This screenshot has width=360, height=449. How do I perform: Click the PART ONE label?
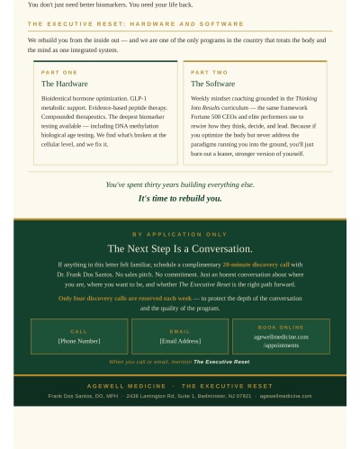[x=59, y=72]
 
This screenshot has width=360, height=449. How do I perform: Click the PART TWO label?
[x=209, y=72]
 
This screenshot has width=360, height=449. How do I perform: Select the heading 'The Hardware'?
[x=65, y=84]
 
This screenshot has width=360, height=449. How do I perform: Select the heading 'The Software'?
[x=212, y=84]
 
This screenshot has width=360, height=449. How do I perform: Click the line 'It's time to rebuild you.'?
[x=180, y=199]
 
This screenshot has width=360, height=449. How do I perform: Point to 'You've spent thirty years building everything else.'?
[x=180, y=184]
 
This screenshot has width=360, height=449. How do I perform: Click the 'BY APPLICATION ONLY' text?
[x=180, y=234]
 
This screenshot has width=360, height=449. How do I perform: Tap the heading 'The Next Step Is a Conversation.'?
[x=180, y=248]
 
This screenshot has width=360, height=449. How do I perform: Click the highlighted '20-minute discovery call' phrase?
[x=256, y=265]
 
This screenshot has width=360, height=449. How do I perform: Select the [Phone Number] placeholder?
[x=79, y=341]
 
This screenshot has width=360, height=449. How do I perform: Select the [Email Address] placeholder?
[x=180, y=341]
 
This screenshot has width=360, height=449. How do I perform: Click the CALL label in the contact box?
[x=79, y=331]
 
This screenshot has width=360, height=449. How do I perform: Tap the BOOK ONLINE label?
[x=281, y=328]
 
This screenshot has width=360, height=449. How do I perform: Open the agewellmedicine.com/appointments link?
[x=281, y=341]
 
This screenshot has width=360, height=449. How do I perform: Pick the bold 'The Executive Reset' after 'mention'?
[x=221, y=362]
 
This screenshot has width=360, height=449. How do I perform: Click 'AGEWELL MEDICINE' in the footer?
[x=126, y=386]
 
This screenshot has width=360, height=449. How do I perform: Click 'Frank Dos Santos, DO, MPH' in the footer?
[x=83, y=396]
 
